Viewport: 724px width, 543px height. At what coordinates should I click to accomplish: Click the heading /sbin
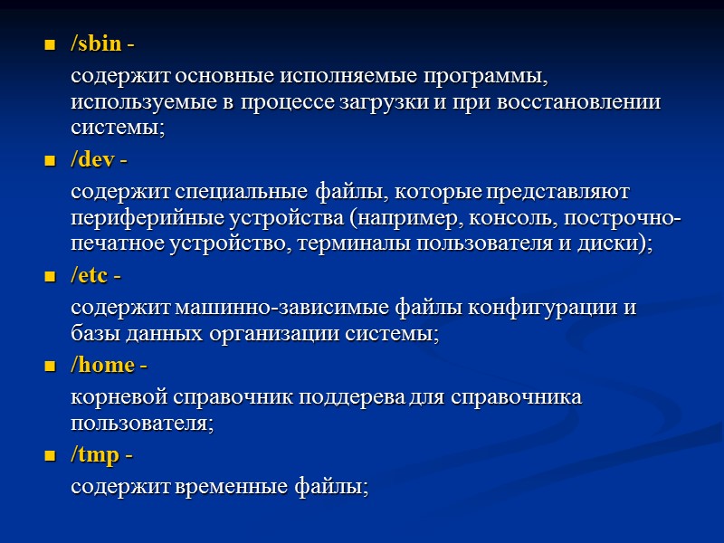click(x=96, y=43)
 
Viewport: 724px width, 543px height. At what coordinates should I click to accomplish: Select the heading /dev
click(x=93, y=160)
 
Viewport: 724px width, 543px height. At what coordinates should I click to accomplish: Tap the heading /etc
click(x=91, y=276)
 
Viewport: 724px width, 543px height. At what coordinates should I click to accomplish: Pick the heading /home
click(x=102, y=366)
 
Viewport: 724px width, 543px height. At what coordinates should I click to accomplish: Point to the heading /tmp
click(x=95, y=455)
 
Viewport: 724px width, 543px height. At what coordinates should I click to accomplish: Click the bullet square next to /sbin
click(x=50, y=44)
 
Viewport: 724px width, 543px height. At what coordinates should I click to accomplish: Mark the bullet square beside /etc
click(x=50, y=277)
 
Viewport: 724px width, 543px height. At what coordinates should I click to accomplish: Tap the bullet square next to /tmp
click(x=50, y=456)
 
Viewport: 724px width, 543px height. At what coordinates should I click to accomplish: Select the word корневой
click(x=112, y=396)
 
